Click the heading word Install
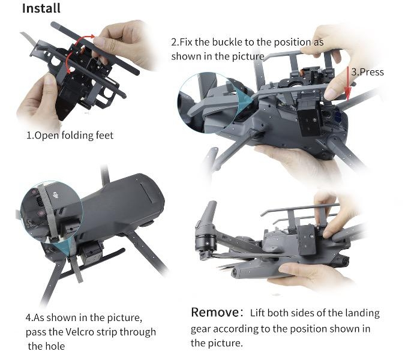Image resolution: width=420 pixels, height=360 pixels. pyautogui.click(x=41, y=8)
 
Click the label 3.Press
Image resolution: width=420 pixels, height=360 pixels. pyautogui.click(x=367, y=72)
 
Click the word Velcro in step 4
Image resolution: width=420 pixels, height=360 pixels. pyautogui.click(x=80, y=332)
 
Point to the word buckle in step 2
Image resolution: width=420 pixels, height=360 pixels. pyautogui.click(x=227, y=42)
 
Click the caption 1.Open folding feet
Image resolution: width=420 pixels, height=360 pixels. pyautogui.click(x=70, y=135)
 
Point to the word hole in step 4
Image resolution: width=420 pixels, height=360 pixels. pyautogui.click(x=56, y=346)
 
